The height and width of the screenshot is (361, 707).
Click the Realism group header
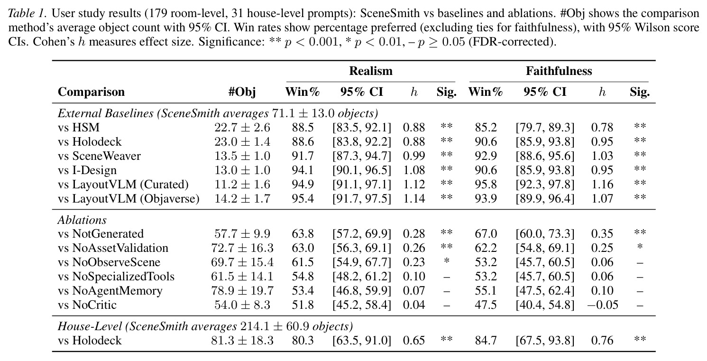[370, 71]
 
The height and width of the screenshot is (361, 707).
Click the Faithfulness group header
[559, 71]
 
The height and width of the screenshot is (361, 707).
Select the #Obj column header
[242, 92]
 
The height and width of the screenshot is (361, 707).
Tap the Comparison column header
[91, 92]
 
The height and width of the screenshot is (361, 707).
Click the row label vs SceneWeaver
[99, 156]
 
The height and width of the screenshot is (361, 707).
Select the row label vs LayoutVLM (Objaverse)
[129, 199]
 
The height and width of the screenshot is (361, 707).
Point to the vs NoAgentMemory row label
[110, 291]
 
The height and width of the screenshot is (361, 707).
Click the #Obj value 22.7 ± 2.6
[242, 128]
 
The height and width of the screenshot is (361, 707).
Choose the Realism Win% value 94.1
[303, 170]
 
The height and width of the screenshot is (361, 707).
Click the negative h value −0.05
[602, 305]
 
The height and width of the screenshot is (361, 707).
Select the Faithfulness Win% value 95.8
[486, 185]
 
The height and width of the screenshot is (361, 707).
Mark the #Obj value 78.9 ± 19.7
[242, 291]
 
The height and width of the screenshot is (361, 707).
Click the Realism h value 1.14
[414, 199]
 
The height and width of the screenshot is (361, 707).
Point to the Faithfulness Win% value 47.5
[486, 305]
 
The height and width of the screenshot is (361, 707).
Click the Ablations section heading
[82, 220]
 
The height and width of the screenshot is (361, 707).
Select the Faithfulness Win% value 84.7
[486, 341]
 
